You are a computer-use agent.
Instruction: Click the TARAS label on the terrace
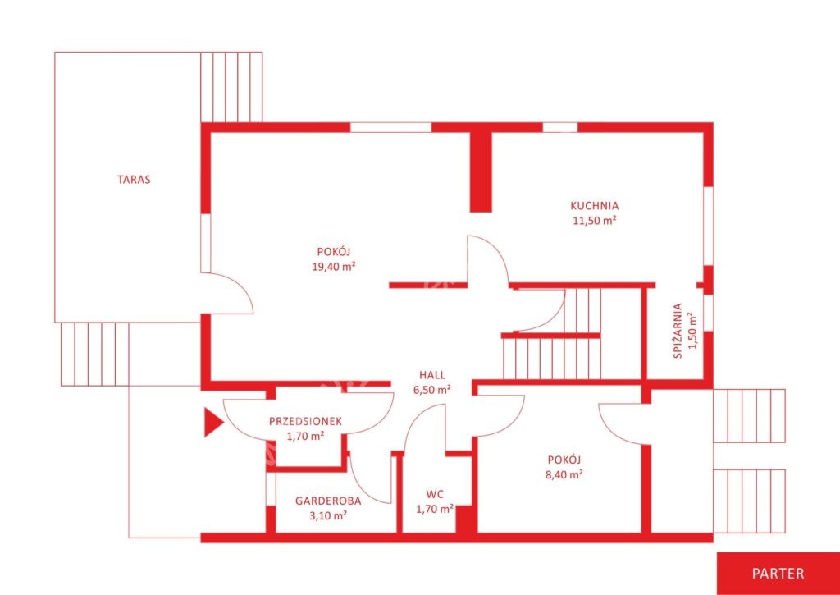tap(134, 180)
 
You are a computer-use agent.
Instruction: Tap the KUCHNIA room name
tap(594, 205)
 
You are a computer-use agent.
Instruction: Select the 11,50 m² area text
tap(594, 219)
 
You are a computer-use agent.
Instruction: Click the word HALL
tap(431, 376)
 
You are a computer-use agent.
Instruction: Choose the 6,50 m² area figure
tap(431, 390)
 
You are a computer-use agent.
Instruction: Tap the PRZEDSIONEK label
tap(305, 421)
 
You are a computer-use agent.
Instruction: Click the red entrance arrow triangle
tap(214, 423)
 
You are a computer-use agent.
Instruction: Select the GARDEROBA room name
tap(328, 501)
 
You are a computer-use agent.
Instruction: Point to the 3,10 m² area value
tap(328, 515)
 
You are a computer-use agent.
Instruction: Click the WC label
tap(435, 494)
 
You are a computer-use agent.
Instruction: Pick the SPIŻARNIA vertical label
tap(678, 331)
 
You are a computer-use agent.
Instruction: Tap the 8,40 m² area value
tap(564, 474)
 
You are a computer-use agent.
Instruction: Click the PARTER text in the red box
tap(778, 573)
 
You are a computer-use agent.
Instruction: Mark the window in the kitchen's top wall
tap(560, 127)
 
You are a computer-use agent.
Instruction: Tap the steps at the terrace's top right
tap(231, 87)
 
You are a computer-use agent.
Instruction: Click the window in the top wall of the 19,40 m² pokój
tap(391, 127)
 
